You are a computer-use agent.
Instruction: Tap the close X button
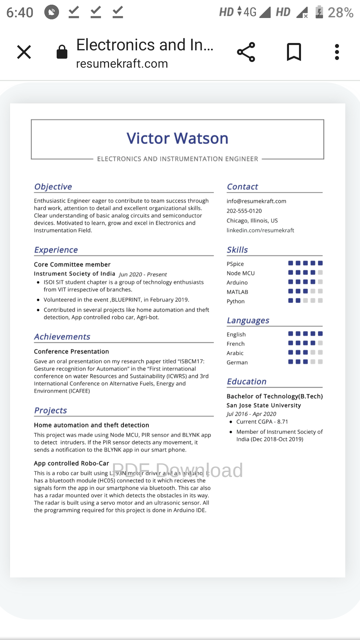tap(24, 52)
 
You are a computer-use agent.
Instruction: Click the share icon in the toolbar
tap(246, 52)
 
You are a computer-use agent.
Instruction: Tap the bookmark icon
tap(294, 52)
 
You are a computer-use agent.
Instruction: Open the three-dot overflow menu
tap(337, 52)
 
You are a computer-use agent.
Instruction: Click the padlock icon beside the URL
tap(62, 52)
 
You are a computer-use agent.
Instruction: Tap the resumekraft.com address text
tap(122, 64)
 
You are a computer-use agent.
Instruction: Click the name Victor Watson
tap(177, 138)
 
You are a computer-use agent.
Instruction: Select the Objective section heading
tap(53, 187)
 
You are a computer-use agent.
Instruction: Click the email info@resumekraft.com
tap(256, 201)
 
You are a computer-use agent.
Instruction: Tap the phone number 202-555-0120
tap(244, 211)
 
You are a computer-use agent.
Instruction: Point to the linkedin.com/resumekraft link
tap(260, 230)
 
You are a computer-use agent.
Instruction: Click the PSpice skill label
tap(235, 264)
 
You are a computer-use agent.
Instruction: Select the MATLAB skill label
tap(237, 292)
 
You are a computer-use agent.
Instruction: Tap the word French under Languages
tap(236, 344)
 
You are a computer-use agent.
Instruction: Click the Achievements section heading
tap(62, 337)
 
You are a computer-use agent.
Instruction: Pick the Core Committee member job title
tap(72, 264)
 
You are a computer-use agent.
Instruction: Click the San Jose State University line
tap(264, 405)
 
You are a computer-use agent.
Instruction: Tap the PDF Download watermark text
tap(177, 470)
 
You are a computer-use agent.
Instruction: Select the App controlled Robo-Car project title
tap(72, 463)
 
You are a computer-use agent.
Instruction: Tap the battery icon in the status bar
tap(319, 12)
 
